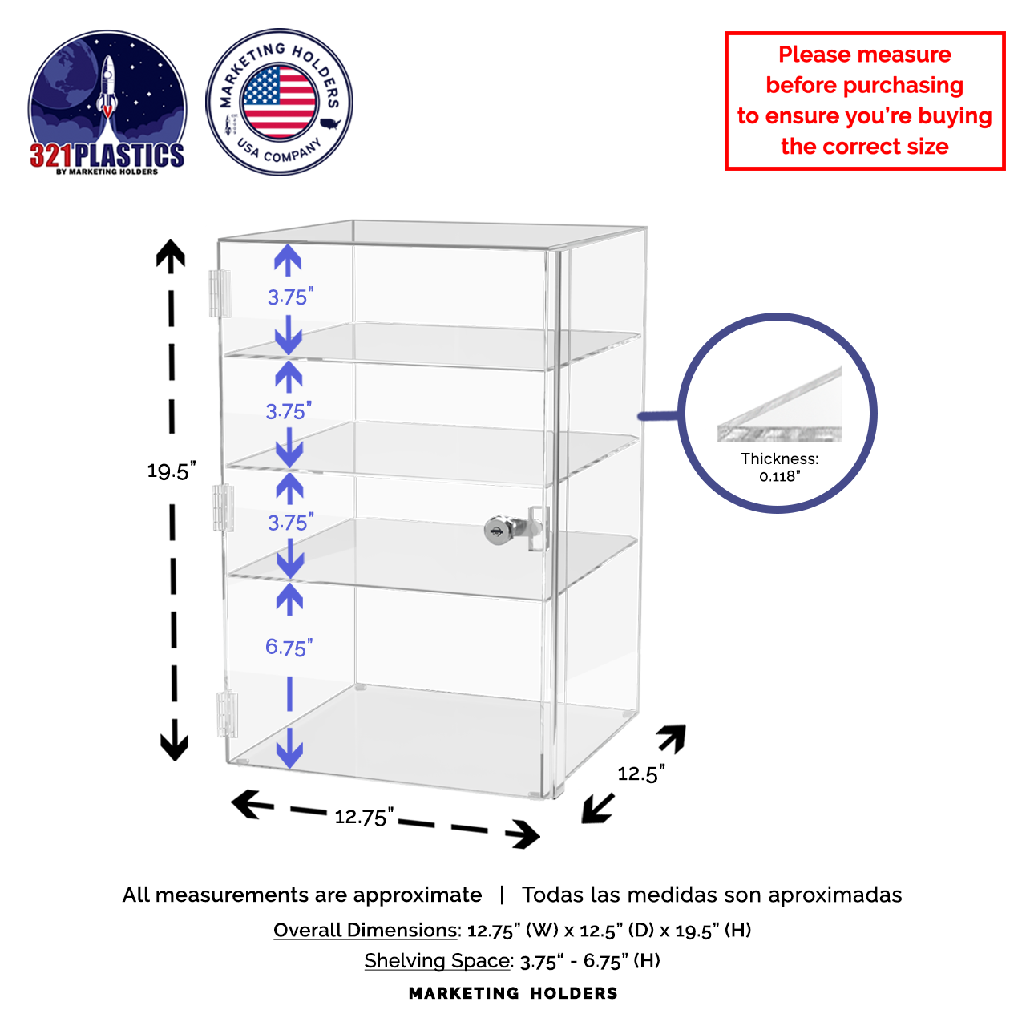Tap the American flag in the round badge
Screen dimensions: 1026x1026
coord(278,101)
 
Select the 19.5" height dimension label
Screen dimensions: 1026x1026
coord(172,471)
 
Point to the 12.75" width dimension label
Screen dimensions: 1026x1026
coord(364,816)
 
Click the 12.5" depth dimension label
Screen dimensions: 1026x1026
coord(641,773)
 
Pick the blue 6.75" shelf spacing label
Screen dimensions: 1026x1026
coord(289,648)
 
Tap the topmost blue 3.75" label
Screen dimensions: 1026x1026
coord(291,297)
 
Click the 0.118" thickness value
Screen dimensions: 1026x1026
coord(779,476)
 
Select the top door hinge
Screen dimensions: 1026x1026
coord(220,293)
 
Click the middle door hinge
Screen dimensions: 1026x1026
coord(224,507)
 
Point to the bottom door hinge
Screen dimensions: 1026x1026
coord(228,714)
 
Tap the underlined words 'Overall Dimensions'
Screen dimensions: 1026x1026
coord(366,930)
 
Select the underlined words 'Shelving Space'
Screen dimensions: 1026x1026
coord(437,960)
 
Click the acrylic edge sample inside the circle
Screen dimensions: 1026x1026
coord(779,405)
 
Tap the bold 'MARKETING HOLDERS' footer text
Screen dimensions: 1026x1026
coord(513,993)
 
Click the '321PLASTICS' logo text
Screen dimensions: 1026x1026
coord(107,155)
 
